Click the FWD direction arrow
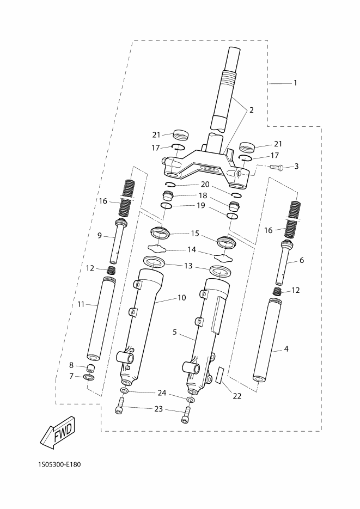click(x=58, y=432)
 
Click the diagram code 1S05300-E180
click(x=59, y=464)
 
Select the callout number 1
click(x=295, y=83)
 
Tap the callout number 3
click(x=296, y=167)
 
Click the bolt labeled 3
click(x=276, y=167)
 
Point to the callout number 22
click(x=237, y=396)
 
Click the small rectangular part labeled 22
click(x=221, y=375)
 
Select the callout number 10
click(x=182, y=298)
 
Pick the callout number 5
click(x=175, y=332)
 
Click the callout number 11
click(x=81, y=304)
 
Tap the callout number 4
click(x=286, y=349)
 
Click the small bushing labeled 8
click(x=90, y=369)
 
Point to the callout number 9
click(x=100, y=235)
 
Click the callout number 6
click(x=302, y=260)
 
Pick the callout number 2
click(x=251, y=110)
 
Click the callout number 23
click(x=158, y=409)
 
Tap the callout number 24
click(x=162, y=393)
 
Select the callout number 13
click(x=188, y=266)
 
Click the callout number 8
click(x=71, y=365)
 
